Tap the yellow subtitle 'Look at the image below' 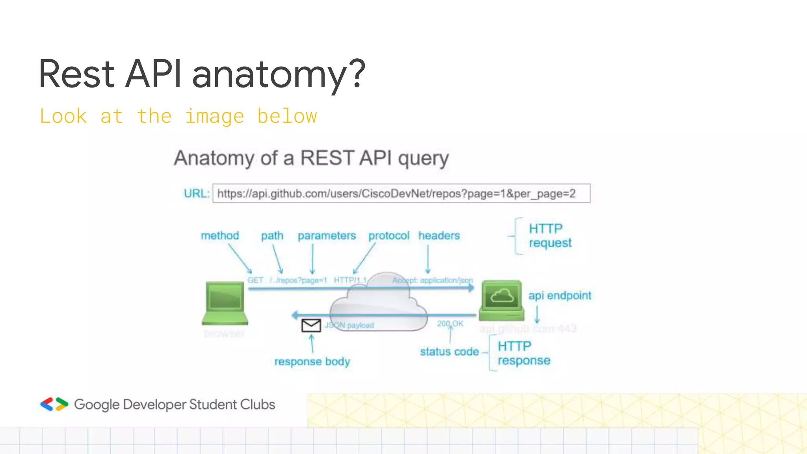178,116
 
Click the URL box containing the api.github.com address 401,194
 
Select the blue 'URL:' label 196,194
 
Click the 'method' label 220,236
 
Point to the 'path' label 272,236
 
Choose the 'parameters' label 327,236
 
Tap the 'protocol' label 389,236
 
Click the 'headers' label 439,236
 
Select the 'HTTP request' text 549,236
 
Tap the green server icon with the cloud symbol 502,300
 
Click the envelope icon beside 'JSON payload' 311,325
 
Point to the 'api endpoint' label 560,296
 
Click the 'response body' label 312,361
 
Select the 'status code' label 449,352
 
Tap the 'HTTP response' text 523,353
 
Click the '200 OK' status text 450,324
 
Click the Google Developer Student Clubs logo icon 54,404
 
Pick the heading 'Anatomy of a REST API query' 311,158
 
